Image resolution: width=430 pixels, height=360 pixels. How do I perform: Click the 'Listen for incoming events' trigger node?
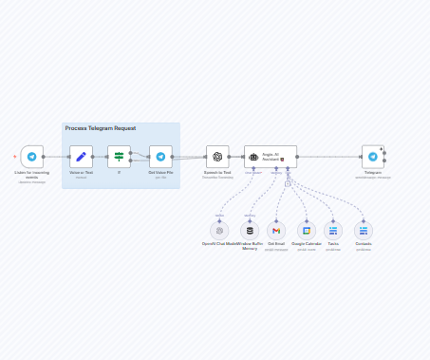coord(32,157)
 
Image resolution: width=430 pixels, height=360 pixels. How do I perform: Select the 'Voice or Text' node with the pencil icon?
coord(81,157)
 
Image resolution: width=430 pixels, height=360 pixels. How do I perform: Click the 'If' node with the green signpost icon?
coord(119,157)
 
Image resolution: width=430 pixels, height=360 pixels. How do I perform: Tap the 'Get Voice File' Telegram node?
coord(160,157)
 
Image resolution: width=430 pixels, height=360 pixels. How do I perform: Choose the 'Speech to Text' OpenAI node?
coord(217,157)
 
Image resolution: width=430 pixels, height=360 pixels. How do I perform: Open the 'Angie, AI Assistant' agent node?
coord(270,157)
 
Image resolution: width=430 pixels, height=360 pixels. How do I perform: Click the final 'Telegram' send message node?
coord(373,157)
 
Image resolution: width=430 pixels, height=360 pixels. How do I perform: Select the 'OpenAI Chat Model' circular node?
coord(219,230)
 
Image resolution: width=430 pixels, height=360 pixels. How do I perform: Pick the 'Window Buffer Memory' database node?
coord(251,230)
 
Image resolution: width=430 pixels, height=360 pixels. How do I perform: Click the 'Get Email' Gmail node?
coord(276,230)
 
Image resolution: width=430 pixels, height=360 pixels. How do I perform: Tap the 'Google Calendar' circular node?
coord(306,230)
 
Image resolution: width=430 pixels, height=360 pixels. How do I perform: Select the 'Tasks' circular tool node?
coord(333,230)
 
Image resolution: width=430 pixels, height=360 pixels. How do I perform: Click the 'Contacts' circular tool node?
coord(364,230)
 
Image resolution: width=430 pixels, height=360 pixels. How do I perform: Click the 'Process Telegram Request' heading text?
coord(100,128)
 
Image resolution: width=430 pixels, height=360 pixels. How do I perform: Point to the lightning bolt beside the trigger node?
coord(15,157)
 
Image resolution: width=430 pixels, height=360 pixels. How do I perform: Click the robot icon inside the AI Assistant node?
coord(253,157)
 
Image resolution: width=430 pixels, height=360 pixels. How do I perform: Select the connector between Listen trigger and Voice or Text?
coord(55,157)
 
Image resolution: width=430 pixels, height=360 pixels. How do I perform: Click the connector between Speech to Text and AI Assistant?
coord(236,157)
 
